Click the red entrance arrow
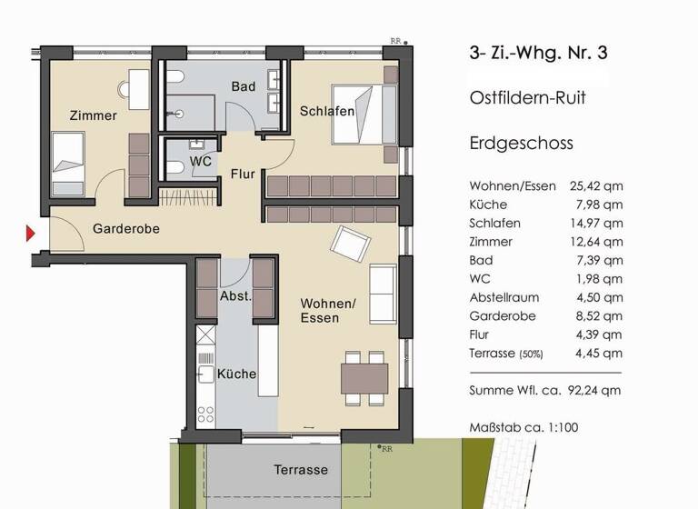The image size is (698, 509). pyautogui.click(x=30, y=235)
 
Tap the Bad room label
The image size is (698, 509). pyautogui.click(x=243, y=87)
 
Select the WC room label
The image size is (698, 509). pyautogui.click(x=201, y=162)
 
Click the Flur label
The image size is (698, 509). pyautogui.click(x=243, y=174)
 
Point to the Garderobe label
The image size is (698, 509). pyautogui.click(x=126, y=229)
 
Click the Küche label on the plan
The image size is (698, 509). pyautogui.click(x=237, y=374)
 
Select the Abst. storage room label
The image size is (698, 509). pyautogui.click(x=235, y=297)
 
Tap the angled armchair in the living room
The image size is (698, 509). pyautogui.click(x=350, y=243)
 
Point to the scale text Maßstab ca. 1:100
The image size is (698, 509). pyautogui.click(x=523, y=426)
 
